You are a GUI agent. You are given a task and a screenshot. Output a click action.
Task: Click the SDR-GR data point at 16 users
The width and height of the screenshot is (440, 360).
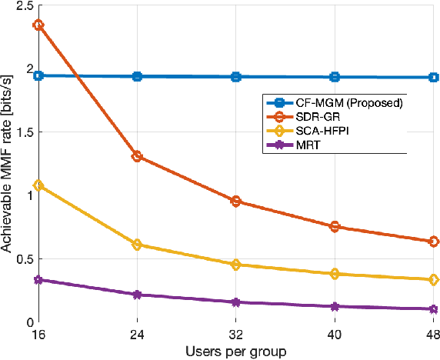coord(38,25)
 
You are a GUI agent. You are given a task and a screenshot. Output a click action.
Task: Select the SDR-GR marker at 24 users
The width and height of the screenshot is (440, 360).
coord(137,156)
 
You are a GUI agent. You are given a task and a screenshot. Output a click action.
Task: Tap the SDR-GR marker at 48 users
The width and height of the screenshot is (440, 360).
coord(434,242)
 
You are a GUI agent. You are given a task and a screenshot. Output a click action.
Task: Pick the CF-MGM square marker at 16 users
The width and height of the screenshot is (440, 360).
coord(38,75)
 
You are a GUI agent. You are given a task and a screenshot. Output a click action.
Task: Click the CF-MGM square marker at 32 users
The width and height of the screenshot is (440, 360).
coord(236,77)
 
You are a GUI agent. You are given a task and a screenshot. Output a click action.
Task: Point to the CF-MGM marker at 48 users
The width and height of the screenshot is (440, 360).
coord(434,78)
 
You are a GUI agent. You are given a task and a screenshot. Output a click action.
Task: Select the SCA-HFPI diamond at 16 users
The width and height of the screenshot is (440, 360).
coord(38,185)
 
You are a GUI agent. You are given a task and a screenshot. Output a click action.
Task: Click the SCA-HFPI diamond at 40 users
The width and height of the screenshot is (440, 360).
coord(335,274)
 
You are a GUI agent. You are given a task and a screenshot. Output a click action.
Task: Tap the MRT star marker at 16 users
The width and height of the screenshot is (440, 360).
coord(38,280)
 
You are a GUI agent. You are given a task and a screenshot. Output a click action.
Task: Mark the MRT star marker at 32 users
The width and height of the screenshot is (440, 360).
coord(236,302)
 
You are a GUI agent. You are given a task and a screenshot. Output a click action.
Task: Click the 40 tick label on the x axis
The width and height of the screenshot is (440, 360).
coord(335,336)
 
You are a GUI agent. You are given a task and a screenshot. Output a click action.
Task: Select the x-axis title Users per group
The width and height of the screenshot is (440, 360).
coord(236,352)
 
